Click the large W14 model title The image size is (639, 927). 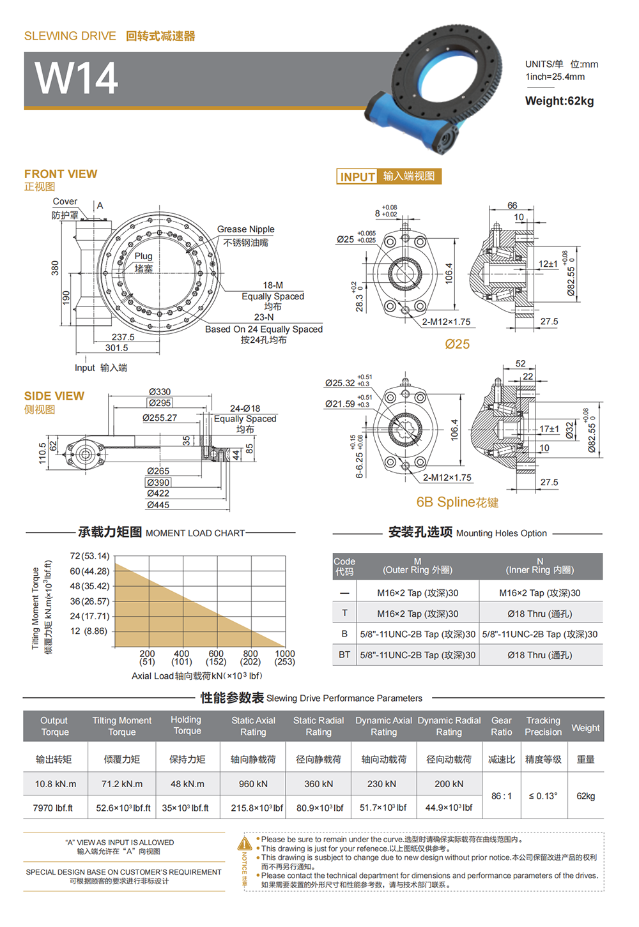coord(76,78)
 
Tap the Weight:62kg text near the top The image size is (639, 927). coord(559,101)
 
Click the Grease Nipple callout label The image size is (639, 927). coord(245,229)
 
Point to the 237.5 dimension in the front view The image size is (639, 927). coord(123,337)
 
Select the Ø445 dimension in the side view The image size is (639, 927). coord(158,505)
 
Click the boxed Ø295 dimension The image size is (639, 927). coord(160,403)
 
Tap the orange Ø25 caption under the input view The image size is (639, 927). coord(457,344)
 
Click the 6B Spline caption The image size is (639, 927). coord(457,502)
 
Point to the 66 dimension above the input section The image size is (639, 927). coord(512,206)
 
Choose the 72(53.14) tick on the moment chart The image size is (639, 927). coord(89,556)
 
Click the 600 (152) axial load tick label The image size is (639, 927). coord(216,658)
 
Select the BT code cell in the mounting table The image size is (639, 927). coord(344,654)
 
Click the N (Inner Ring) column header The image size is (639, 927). coord(539,566)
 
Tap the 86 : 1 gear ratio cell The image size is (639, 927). coord(501,796)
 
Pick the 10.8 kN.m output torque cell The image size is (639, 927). coord(56,784)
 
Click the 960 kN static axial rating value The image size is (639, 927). coord(253,784)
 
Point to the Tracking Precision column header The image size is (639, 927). coord(543,727)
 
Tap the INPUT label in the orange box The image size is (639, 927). coord(357,177)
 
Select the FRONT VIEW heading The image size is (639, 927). coord(61,174)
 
